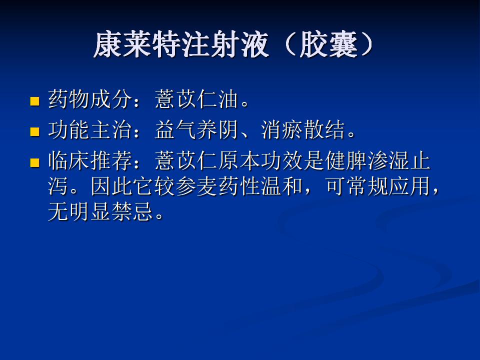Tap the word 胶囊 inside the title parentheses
point(328,44)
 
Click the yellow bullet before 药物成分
point(35,101)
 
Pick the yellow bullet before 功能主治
point(35,131)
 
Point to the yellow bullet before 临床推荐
point(35,162)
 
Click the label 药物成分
point(90,99)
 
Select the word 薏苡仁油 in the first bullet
point(196,99)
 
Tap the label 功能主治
point(90,130)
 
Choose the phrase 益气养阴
point(196,130)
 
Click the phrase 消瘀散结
point(303,130)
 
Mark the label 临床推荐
point(90,160)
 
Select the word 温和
point(281,186)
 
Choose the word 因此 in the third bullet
point(111,186)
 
